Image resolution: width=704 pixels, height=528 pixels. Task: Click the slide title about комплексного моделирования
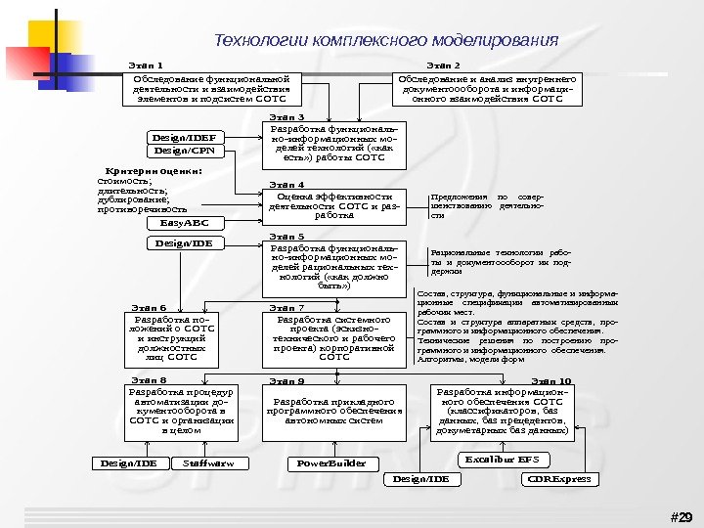click(x=386, y=41)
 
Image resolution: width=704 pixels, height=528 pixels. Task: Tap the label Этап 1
click(x=146, y=65)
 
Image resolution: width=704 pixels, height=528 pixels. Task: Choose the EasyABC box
click(x=185, y=223)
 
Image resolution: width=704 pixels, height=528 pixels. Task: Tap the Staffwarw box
click(x=209, y=462)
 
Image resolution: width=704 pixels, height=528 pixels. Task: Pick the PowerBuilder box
click(x=332, y=462)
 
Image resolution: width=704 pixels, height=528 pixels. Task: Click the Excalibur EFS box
click(x=502, y=459)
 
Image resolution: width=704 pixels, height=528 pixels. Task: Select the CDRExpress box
click(x=559, y=479)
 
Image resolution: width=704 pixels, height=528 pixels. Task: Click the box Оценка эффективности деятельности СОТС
click(x=335, y=205)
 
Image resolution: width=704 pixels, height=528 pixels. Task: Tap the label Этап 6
click(x=149, y=308)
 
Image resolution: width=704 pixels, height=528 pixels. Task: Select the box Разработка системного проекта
click(x=335, y=338)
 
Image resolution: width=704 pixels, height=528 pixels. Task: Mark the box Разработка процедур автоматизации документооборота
click(x=182, y=411)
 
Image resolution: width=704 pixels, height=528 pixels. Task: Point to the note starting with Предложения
click(x=486, y=206)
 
